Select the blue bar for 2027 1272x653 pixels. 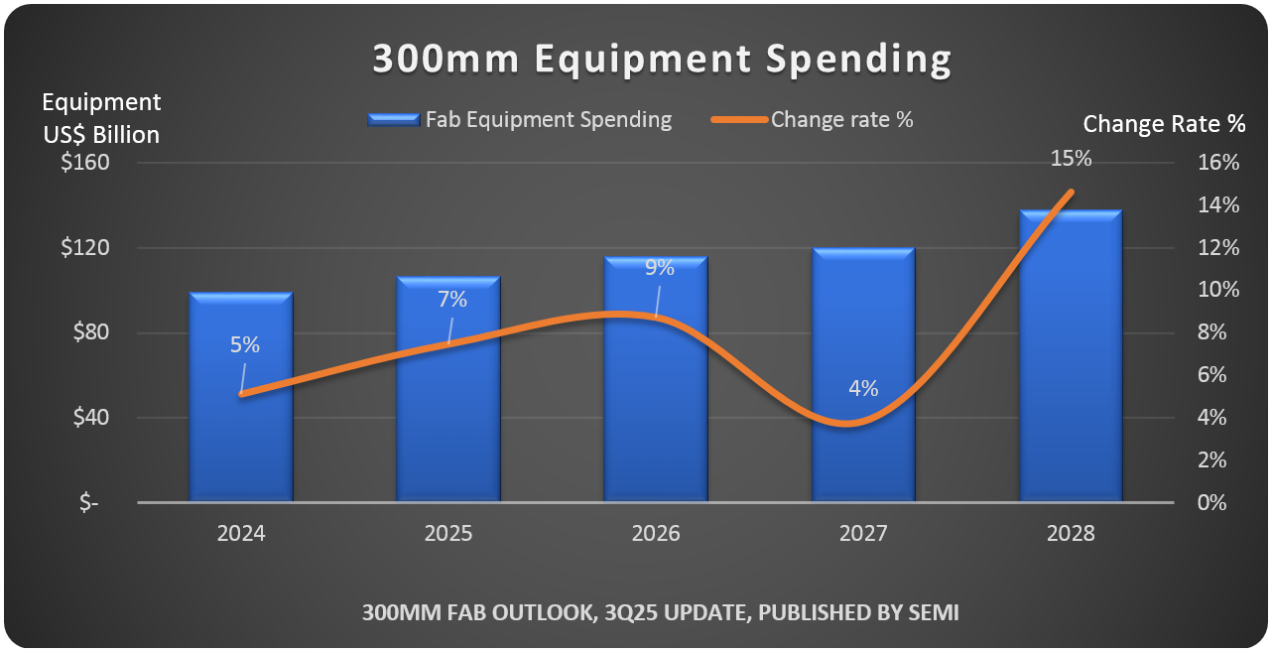[863, 457]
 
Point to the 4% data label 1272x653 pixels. [863, 389]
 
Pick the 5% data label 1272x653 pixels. [244, 345]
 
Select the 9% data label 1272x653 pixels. [659, 267]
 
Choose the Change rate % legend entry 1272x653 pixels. [841, 120]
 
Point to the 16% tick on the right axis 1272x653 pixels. [1219, 163]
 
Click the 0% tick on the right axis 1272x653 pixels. [1212, 502]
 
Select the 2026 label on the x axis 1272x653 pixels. [656, 534]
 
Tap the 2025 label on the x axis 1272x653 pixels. [448, 534]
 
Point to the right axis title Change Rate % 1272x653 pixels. [1164, 124]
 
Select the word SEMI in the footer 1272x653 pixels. [935, 613]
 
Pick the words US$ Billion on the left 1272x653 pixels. [101, 134]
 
